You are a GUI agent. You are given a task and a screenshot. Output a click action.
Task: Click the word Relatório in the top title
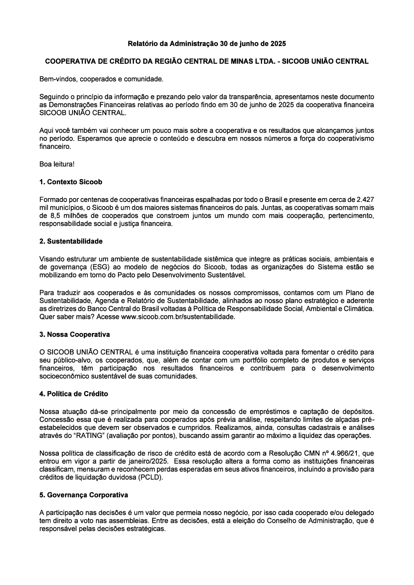142,43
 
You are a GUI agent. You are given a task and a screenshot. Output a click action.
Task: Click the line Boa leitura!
57,164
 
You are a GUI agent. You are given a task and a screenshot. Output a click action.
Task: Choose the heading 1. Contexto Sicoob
70,182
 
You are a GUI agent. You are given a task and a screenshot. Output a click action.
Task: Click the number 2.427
365,199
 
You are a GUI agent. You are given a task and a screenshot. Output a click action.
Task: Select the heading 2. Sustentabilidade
71,241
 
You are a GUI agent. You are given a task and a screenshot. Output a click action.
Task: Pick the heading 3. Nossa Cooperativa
75,334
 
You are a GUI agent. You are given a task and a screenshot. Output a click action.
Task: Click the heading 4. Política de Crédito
73,394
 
